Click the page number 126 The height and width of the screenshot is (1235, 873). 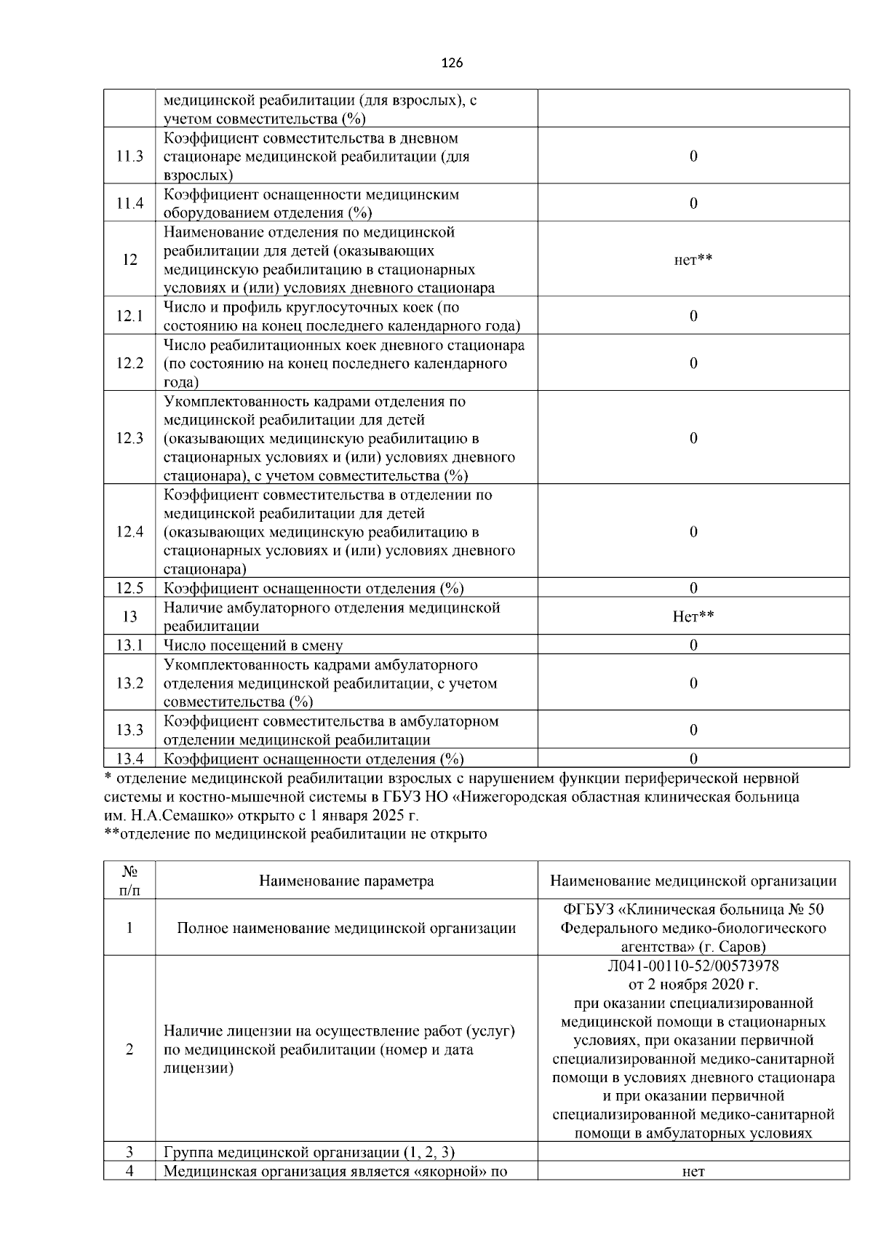pos(452,63)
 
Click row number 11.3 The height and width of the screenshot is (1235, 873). pos(129,156)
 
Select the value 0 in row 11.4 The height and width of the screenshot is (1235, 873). pos(693,203)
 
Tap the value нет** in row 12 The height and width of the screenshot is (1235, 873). pos(693,260)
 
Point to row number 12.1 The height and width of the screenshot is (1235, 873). pos(129,317)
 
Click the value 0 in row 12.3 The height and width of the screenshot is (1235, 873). pos(693,438)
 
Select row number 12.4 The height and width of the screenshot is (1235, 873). pos(129,532)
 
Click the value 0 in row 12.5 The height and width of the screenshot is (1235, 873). pos(693,588)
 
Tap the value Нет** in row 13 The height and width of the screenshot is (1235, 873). pos(693,617)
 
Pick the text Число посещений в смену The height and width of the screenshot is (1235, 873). pos(253,646)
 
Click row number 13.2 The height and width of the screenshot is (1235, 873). pos(129,683)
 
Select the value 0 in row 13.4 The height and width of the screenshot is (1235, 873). pos(693,759)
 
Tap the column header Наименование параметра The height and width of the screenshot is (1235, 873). pos(346,881)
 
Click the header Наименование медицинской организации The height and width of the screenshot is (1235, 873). pos(693,881)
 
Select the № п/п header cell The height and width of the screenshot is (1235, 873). pos(129,881)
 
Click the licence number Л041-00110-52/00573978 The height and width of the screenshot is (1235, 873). pos(693,966)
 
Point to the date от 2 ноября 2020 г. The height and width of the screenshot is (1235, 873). pos(693,985)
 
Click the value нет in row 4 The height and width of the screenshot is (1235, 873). pos(693,1172)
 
